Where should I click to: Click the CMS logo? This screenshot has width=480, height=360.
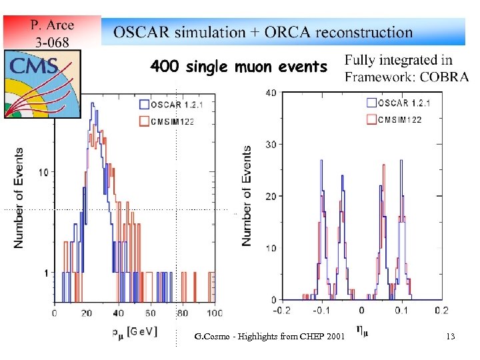click(42, 83)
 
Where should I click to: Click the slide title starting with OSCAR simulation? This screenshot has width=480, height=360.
click(263, 32)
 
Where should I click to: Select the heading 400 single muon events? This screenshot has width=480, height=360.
click(239, 67)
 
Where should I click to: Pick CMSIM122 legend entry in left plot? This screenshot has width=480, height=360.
click(171, 121)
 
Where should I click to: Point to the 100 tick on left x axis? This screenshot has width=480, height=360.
click(214, 313)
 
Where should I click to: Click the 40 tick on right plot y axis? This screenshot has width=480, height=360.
click(271, 93)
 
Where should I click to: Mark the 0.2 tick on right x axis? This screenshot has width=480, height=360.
click(441, 311)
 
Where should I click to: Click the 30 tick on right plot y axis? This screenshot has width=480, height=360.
click(271, 145)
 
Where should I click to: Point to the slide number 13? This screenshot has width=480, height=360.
click(451, 337)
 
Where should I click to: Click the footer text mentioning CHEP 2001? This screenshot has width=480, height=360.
click(266, 336)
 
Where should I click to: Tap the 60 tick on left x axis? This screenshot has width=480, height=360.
click(150, 313)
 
